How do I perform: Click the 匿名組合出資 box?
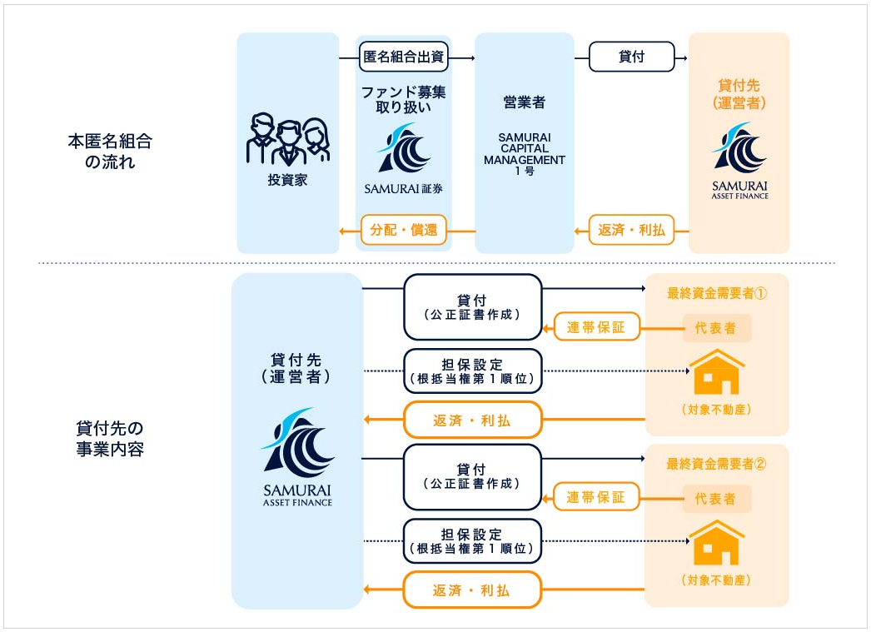pos(403,57)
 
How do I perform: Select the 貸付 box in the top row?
pos(631,57)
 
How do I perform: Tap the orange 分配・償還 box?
pos(404,230)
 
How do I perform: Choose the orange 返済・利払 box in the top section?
pos(631,230)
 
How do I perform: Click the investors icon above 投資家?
pos(288,139)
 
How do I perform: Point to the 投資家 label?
pos(287,180)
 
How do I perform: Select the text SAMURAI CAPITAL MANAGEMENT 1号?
pos(525,154)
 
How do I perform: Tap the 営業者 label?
pos(525,102)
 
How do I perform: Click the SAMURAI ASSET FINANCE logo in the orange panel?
pos(740,161)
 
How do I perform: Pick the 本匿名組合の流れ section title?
pos(110,151)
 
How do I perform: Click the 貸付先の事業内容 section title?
pos(110,439)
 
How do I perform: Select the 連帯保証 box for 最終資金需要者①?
pos(596,327)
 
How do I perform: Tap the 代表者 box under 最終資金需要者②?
pos(715,499)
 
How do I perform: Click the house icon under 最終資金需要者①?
pos(717,371)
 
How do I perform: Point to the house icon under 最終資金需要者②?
pos(717,542)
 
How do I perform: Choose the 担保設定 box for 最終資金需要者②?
pos(472,541)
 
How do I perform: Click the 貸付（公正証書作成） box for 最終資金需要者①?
pos(473,307)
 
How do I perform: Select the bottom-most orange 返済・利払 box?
pos(472,590)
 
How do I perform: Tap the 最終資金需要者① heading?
pos(717,293)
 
